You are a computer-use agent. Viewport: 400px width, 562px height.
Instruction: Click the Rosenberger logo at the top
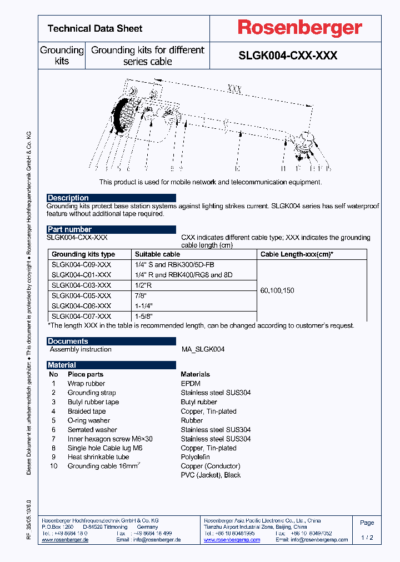click(300, 28)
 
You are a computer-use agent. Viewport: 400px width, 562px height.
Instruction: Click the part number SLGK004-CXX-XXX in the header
click(288, 56)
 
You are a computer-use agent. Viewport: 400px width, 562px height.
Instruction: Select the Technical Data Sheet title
click(95, 28)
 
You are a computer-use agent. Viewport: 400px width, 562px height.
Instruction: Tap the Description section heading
click(68, 198)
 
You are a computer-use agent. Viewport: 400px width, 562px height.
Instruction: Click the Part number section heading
click(70, 229)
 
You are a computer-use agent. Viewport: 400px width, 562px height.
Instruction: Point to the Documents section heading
click(68, 342)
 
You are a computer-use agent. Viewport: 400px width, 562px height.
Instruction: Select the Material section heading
click(62, 365)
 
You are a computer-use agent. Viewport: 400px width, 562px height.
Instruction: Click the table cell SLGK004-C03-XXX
click(81, 285)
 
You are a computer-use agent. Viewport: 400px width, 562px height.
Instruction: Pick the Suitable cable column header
click(157, 254)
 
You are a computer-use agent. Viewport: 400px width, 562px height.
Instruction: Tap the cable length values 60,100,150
click(277, 290)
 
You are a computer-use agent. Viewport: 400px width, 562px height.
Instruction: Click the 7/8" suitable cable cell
click(142, 295)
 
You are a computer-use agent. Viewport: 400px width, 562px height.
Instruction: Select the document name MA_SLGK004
click(203, 349)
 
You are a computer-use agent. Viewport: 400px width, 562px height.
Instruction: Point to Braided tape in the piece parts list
click(87, 412)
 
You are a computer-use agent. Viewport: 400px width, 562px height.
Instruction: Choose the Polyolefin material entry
click(196, 457)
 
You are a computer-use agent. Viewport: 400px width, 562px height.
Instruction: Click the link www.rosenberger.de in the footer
click(65, 540)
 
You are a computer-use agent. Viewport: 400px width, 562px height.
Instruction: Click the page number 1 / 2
click(367, 538)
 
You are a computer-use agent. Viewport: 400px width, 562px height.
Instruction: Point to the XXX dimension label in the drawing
click(234, 89)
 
